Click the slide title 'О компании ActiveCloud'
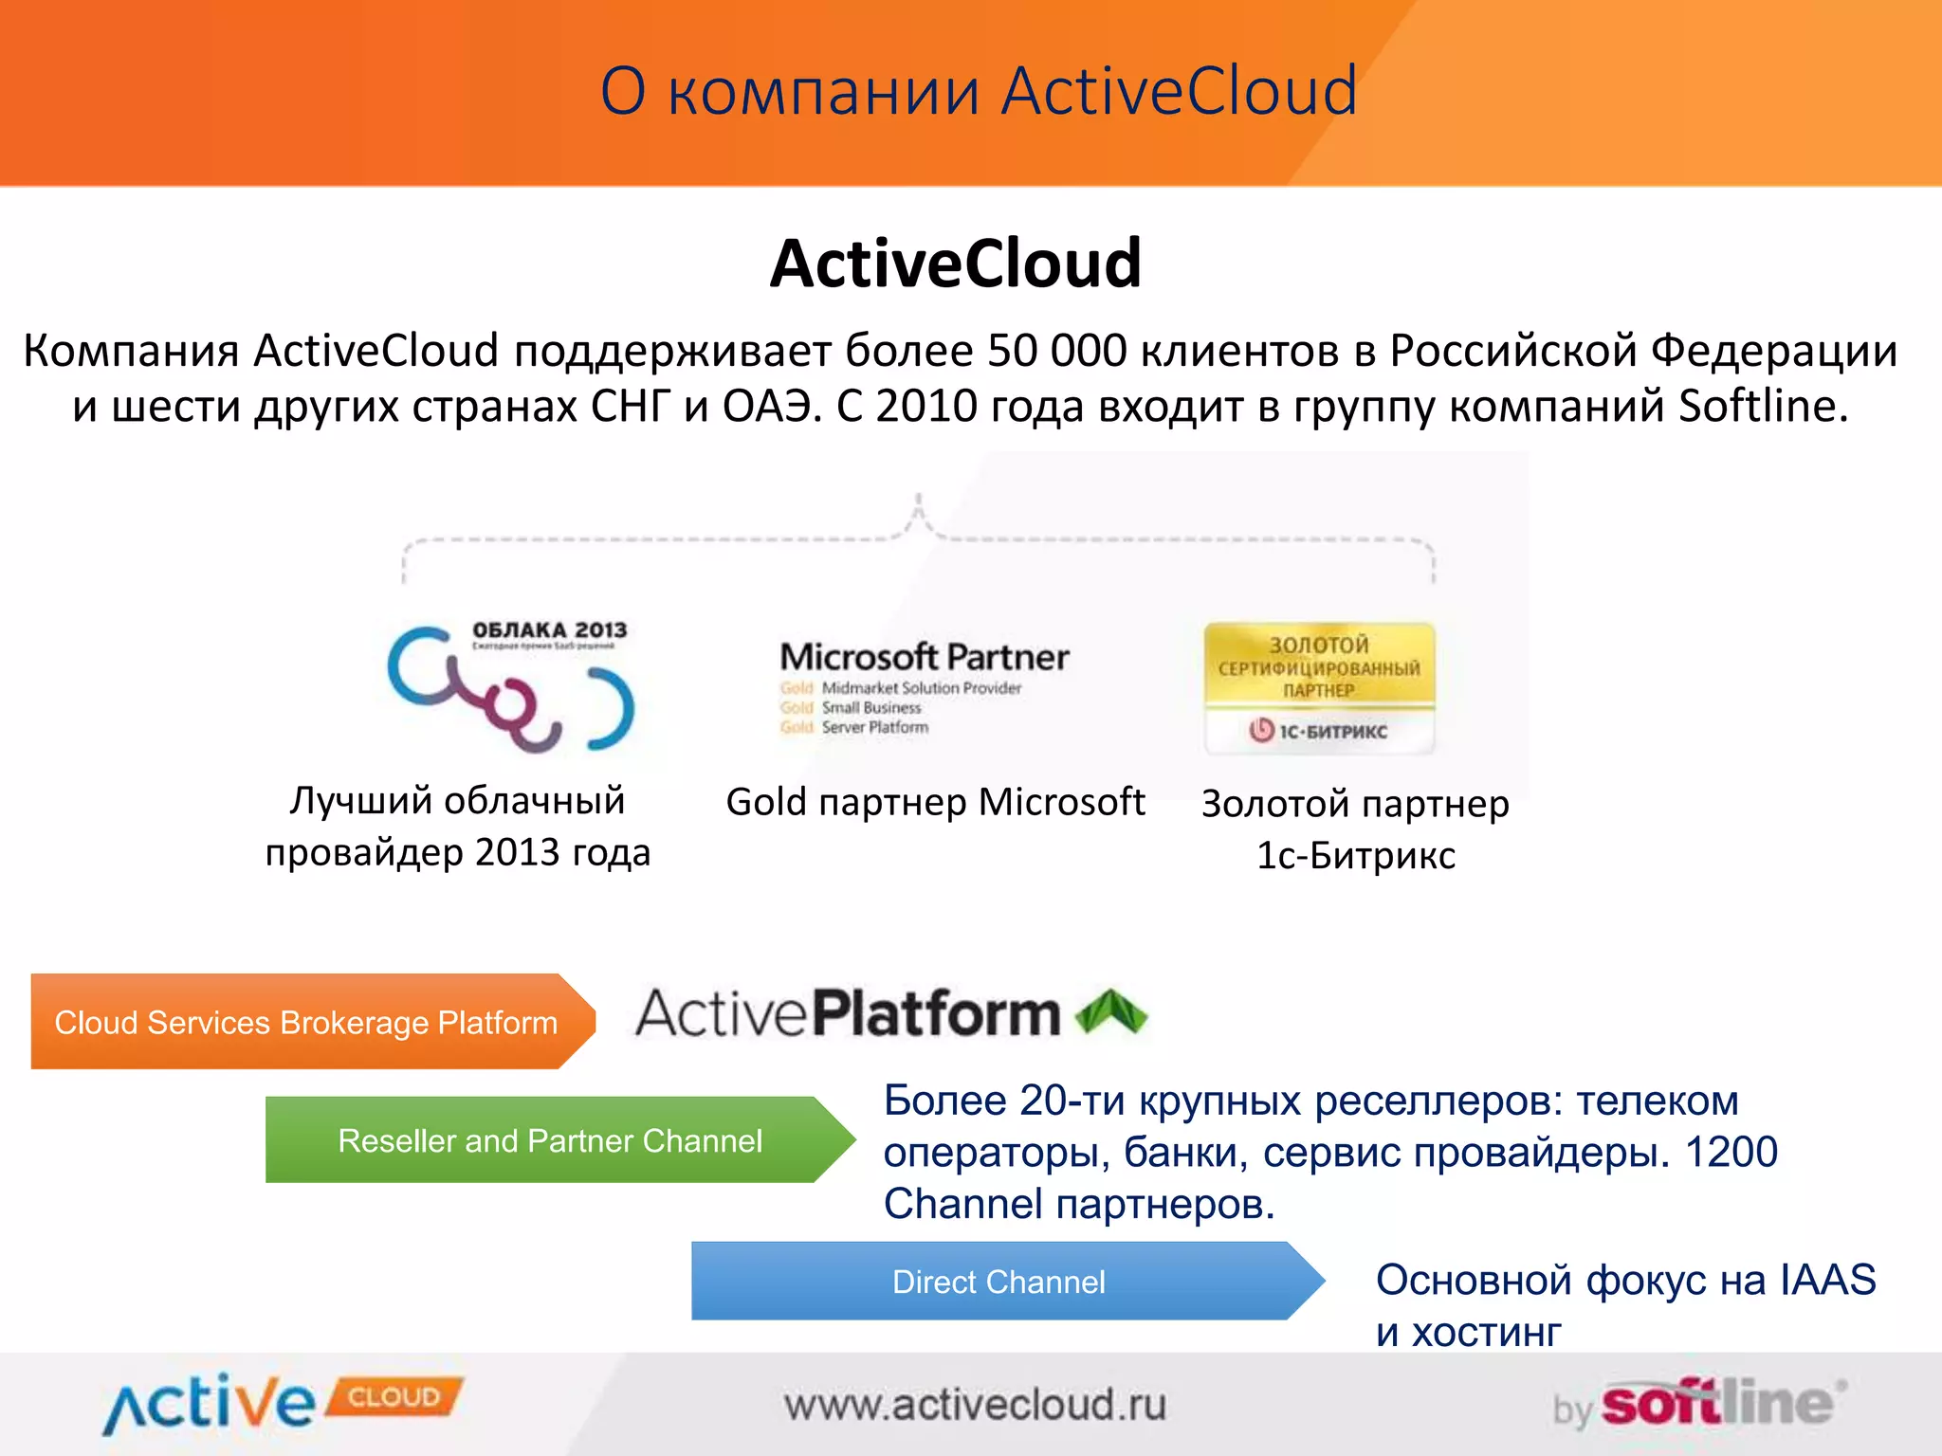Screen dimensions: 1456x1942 point(979,91)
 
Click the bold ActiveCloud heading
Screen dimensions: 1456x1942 point(956,264)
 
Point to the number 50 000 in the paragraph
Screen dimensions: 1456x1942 point(1056,351)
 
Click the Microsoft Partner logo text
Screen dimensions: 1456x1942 point(924,657)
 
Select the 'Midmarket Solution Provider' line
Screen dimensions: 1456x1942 point(921,688)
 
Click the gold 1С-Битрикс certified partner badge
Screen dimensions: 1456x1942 point(1319,687)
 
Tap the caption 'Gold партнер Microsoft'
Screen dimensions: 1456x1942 point(935,802)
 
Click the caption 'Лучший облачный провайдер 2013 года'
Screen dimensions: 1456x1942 point(458,827)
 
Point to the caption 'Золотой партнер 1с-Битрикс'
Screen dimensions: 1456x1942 point(1355,829)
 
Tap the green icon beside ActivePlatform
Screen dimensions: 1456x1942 point(1110,1011)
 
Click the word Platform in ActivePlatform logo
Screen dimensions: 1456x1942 point(937,1013)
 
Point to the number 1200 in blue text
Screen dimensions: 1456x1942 point(1731,1153)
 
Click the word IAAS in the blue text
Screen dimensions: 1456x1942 point(1827,1280)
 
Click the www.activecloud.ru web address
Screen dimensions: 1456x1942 point(975,1405)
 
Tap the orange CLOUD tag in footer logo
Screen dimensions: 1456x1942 point(394,1397)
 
